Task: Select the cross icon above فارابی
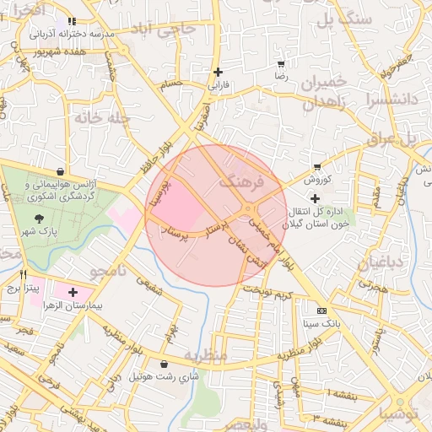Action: pyautogui.click(x=219, y=72)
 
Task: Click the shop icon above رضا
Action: pyautogui.click(x=280, y=63)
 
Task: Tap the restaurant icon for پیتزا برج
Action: pyautogui.click(x=24, y=274)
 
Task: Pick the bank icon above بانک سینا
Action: pyautogui.click(x=320, y=310)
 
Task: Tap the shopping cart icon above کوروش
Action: pyautogui.click(x=316, y=167)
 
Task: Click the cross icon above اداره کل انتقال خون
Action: pyautogui.click(x=316, y=197)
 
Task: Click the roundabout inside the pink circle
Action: pyautogui.click(x=250, y=209)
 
